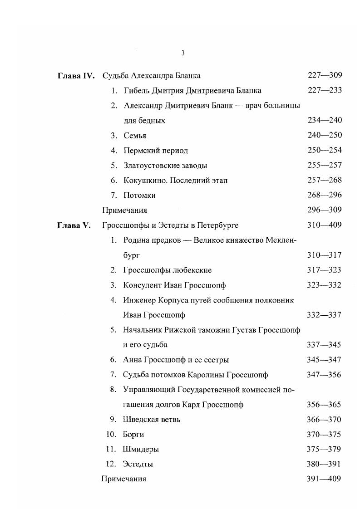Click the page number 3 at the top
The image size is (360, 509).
click(182, 53)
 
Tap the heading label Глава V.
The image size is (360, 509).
click(74, 225)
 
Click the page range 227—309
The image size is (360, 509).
click(325, 75)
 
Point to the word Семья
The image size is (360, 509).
click(135, 136)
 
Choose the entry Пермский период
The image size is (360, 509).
click(155, 151)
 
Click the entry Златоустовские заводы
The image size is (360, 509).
click(165, 166)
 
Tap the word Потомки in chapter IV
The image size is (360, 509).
click(139, 196)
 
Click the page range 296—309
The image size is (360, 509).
click(325, 210)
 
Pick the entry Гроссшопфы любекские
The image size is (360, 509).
click(167, 270)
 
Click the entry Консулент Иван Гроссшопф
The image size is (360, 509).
click(174, 285)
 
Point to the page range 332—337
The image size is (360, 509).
click(325, 315)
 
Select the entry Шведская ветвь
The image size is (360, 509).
click(152, 420)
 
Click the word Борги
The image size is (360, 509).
click(133, 435)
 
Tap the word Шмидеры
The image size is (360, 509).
click(141, 450)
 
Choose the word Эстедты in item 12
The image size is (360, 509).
click(138, 464)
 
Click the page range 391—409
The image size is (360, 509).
click(325, 479)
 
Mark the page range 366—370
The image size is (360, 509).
click(325, 420)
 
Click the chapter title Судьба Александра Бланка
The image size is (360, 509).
click(152, 75)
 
